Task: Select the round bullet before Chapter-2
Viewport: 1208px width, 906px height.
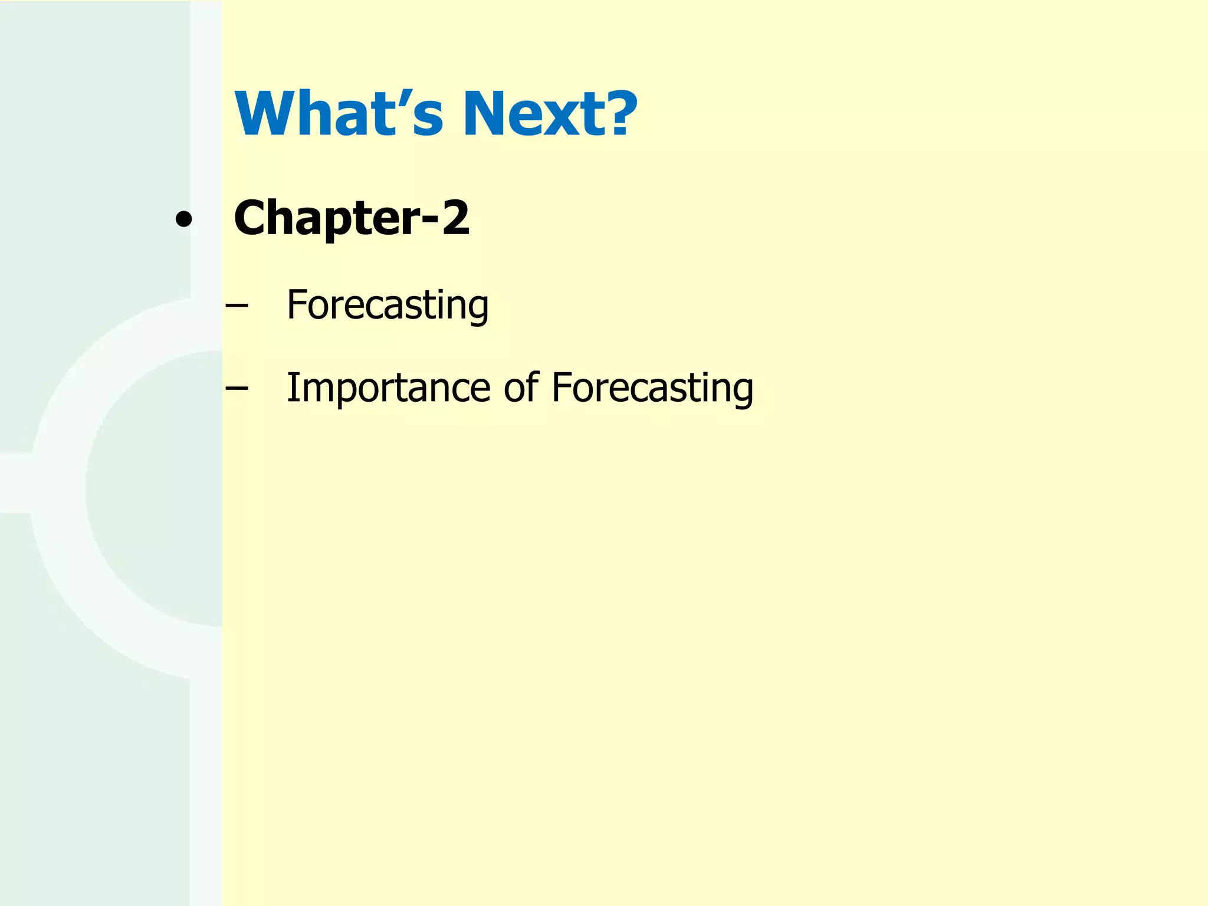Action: click(x=183, y=219)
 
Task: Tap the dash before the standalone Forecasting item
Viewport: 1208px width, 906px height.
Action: click(x=236, y=306)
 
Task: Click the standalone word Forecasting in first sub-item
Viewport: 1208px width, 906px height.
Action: click(x=388, y=305)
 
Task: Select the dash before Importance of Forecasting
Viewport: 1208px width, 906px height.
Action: click(x=236, y=388)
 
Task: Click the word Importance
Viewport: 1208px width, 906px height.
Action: click(x=388, y=388)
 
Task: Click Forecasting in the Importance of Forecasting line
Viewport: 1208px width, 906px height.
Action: click(x=652, y=388)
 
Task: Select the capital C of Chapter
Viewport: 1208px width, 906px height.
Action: click(x=252, y=218)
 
